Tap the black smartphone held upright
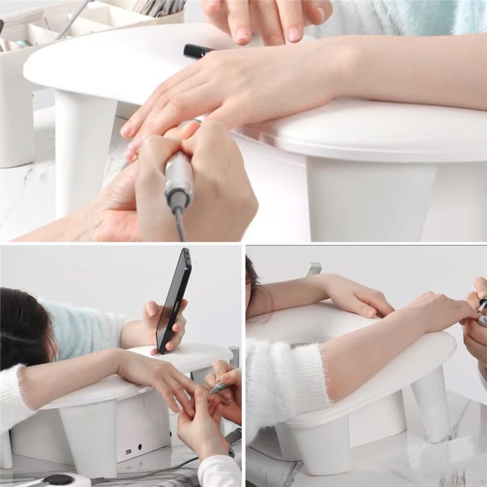tap(173, 301)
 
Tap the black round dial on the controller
tap(59, 479)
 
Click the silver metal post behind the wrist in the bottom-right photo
tap(314, 269)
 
